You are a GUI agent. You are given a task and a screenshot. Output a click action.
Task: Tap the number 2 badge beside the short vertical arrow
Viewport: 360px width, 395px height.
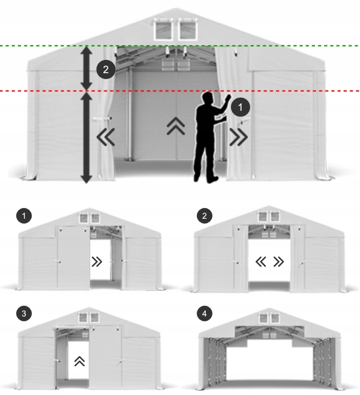pyautogui.click(x=106, y=70)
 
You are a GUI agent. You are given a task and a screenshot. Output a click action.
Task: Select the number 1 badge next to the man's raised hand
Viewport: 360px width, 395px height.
pyautogui.click(x=240, y=108)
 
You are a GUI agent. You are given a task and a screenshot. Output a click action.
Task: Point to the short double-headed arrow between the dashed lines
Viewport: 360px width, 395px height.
pyautogui.click(x=86, y=68)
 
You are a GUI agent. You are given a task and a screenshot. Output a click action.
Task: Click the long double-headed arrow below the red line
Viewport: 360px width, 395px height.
pyautogui.click(x=86, y=137)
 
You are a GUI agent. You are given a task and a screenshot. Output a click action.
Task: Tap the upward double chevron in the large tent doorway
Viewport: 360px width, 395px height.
pyautogui.click(x=175, y=126)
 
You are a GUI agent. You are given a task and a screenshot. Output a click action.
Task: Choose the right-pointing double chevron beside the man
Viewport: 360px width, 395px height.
pyautogui.click(x=238, y=138)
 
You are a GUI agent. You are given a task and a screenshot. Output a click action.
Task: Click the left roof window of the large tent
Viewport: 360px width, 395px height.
pyautogui.click(x=163, y=29)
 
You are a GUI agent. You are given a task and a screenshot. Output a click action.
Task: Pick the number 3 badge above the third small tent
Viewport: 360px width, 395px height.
pyautogui.click(x=24, y=314)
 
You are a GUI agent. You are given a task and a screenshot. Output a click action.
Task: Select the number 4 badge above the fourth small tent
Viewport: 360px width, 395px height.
pyautogui.click(x=205, y=314)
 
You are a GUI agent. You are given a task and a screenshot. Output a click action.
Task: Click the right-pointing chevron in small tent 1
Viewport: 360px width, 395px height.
pyautogui.click(x=96, y=261)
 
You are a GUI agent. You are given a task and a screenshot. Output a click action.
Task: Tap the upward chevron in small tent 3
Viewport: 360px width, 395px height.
pyautogui.click(x=79, y=361)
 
